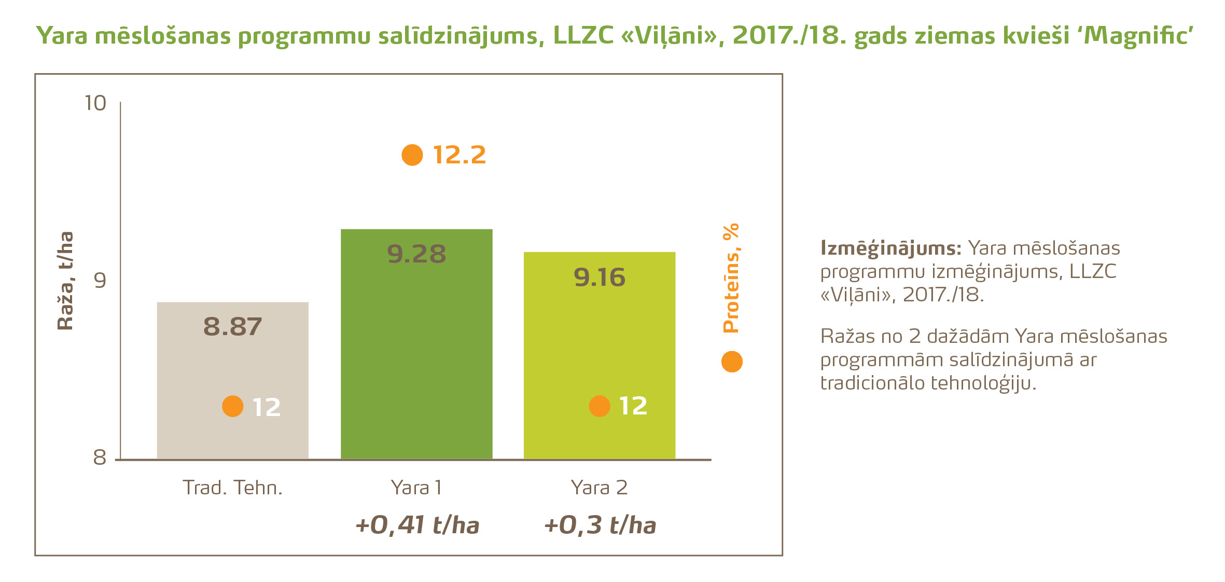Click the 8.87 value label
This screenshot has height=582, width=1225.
[232, 327]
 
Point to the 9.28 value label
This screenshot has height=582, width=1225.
[416, 254]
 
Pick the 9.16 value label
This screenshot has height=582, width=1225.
[599, 278]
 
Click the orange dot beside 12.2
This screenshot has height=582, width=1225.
[412, 155]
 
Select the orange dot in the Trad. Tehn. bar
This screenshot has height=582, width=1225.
[232, 406]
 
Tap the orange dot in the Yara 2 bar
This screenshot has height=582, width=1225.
[599, 406]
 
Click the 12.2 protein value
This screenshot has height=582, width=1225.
[459, 155]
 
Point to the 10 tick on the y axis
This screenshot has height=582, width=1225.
[95, 103]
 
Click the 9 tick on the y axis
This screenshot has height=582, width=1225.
[100, 281]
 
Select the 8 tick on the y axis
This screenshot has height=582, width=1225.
[100, 458]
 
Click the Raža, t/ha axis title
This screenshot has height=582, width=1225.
[65, 281]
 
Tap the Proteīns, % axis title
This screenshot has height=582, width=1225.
[731, 278]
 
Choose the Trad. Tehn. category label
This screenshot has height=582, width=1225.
[232, 488]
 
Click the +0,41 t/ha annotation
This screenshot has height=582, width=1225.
[417, 525]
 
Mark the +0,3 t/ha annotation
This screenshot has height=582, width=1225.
[600, 525]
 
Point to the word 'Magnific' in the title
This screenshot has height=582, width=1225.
[1138, 36]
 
